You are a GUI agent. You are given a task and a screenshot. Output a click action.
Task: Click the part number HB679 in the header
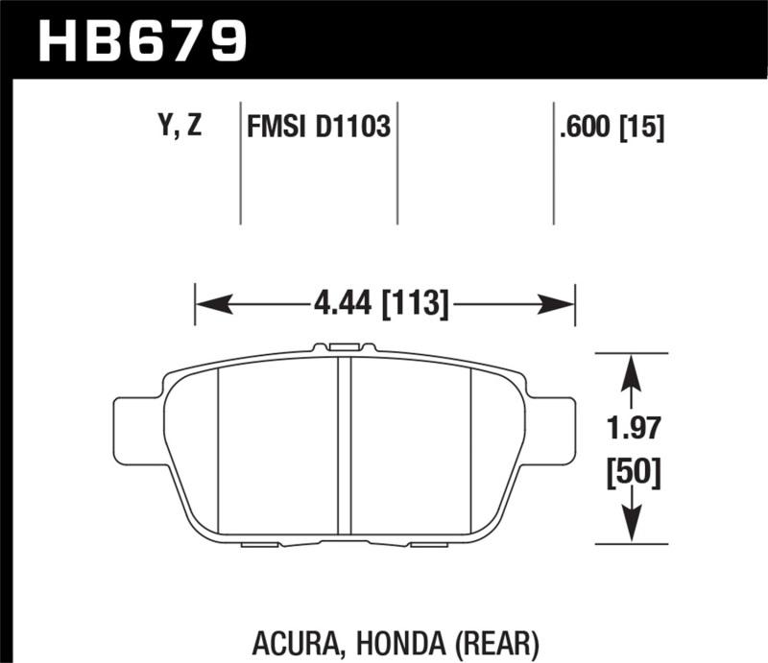141,40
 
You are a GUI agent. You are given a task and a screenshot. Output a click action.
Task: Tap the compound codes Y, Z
178,127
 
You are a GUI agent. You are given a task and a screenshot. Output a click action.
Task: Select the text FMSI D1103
319,127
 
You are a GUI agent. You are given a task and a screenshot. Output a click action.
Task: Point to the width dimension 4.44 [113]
381,306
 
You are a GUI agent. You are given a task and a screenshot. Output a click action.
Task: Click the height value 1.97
630,428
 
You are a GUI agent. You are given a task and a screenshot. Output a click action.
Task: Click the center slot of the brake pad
344,446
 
